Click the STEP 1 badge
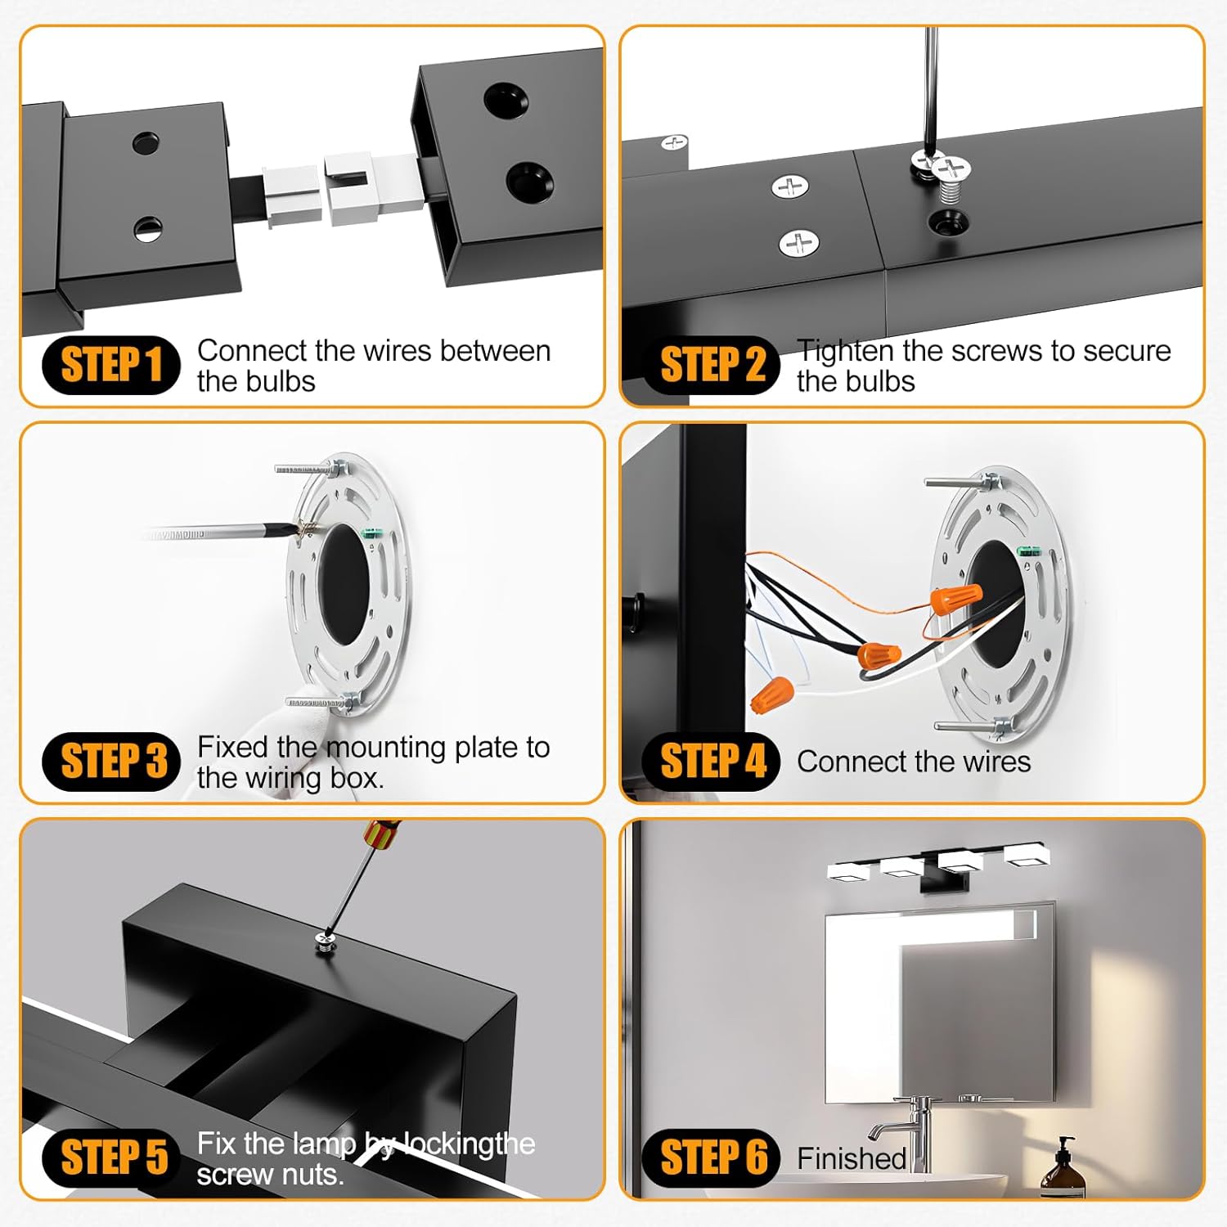[x=110, y=365]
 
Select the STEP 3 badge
[x=112, y=761]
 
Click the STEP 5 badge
[x=112, y=1157]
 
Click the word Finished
[x=851, y=1158]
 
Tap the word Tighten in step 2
[x=845, y=351]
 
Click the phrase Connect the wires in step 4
[x=913, y=762]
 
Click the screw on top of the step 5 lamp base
[x=326, y=946]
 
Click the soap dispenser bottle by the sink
[x=1063, y=1170]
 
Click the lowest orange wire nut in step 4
[x=772, y=694]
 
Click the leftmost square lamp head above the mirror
[x=853, y=870]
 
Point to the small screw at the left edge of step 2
[x=673, y=143]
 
